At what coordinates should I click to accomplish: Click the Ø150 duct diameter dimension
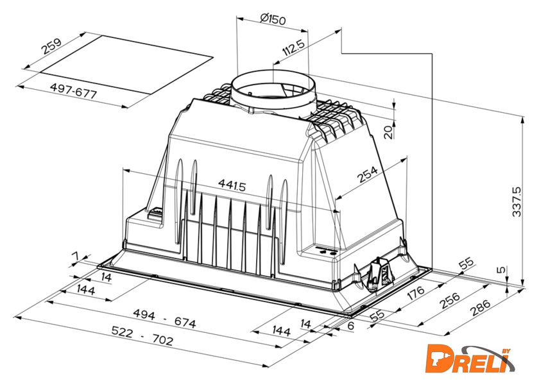click(x=273, y=19)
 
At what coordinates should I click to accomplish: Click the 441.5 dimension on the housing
click(x=232, y=185)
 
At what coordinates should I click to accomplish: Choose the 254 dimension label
click(x=368, y=174)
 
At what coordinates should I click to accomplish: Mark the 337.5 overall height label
click(x=517, y=201)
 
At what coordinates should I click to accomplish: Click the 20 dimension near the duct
click(x=388, y=132)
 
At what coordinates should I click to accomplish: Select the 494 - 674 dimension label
click(x=164, y=318)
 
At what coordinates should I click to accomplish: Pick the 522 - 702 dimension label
click(x=142, y=335)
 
